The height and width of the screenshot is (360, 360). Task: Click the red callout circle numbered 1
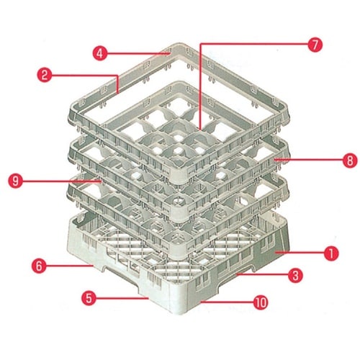(x=331, y=253)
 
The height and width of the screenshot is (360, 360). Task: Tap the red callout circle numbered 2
(x=45, y=75)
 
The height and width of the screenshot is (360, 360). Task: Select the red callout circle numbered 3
(x=295, y=275)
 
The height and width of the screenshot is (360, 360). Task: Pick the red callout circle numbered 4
(x=100, y=53)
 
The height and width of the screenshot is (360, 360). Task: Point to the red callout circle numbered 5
(x=89, y=298)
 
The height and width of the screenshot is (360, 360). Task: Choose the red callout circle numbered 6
(x=39, y=266)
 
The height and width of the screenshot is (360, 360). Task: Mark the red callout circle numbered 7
(x=315, y=45)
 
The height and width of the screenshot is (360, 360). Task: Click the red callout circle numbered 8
(x=350, y=161)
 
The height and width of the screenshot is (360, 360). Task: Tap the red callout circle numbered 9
(x=16, y=181)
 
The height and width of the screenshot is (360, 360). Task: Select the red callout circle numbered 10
(x=261, y=302)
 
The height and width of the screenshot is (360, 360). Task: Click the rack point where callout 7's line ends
(x=200, y=130)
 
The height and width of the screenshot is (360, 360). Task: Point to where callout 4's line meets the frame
(x=170, y=53)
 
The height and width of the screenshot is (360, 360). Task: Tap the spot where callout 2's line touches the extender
(x=118, y=92)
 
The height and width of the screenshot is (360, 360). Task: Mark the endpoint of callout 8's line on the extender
(x=276, y=159)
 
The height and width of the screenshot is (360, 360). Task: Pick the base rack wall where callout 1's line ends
(x=276, y=253)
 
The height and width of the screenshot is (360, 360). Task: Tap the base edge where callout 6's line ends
(x=93, y=266)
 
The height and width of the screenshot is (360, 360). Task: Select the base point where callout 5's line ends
(x=148, y=298)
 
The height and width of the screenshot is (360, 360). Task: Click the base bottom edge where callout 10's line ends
(x=201, y=302)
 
